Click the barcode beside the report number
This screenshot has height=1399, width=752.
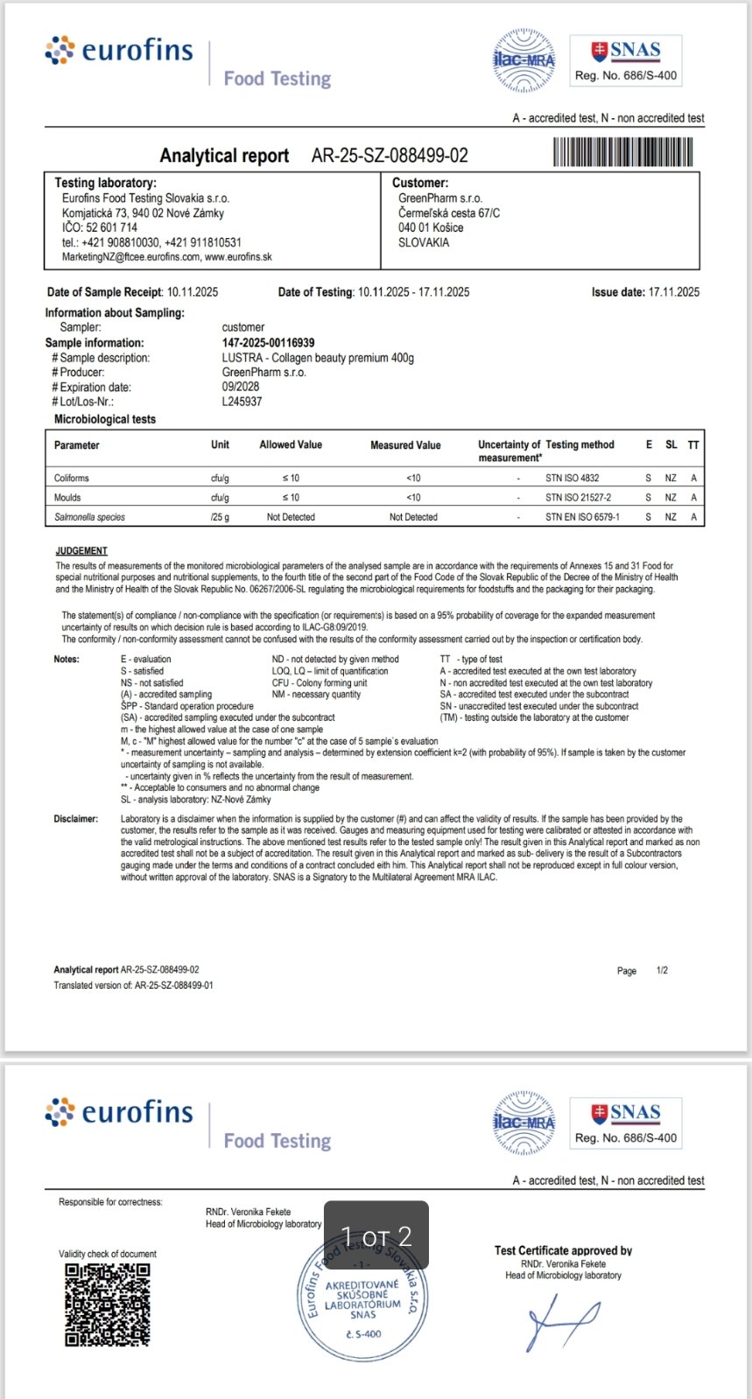pos(622,153)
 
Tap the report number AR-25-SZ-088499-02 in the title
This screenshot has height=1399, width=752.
pos(390,156)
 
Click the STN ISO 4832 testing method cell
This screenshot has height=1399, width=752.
pos(572,479)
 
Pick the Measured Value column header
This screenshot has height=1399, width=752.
pos(405,445)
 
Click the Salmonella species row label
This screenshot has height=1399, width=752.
pos(89,517)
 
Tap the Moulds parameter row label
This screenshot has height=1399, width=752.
pos(67,498)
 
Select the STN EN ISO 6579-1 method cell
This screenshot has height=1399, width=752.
pos(582,517)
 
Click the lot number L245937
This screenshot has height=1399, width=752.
pos(242,402)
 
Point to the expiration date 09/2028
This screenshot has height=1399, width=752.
pos(241,387)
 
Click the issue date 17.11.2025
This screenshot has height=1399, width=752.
pos(673,292)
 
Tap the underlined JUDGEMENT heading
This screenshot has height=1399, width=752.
pos(81,551)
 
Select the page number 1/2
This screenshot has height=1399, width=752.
pos(662,970)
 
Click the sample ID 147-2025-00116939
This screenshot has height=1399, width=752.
pos(268,343)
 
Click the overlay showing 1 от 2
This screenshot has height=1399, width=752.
pos(376,1235)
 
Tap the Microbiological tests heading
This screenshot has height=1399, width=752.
pos(105,420)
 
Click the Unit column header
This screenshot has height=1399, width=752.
pos(220,445)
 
